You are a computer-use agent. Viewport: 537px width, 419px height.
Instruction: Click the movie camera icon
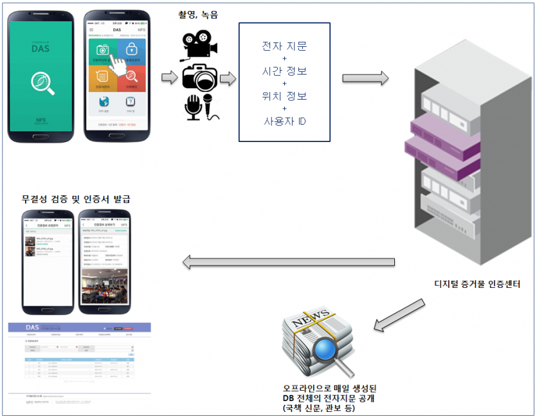(199, 45)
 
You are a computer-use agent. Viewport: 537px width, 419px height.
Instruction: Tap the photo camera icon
(199, 78)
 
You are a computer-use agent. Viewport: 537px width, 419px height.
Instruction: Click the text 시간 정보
(285, 71)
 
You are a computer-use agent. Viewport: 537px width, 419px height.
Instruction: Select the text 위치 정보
(285, 96)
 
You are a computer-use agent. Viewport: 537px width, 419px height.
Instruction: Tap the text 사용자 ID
(285, 120)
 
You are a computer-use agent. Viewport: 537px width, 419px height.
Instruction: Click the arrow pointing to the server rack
(365, 78)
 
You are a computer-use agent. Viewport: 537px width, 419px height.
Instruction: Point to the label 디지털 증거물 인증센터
(477, 283)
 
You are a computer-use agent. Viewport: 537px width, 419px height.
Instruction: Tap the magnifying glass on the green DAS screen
(41, 83)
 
